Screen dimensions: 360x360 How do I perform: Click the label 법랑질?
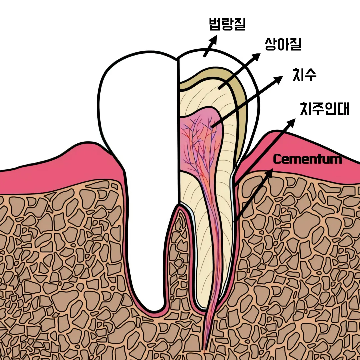click(227, 24)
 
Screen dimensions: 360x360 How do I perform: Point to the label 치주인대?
click(324, 109)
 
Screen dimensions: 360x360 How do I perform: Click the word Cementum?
click(307, 159)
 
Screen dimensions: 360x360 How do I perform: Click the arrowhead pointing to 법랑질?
click(213, 39)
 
